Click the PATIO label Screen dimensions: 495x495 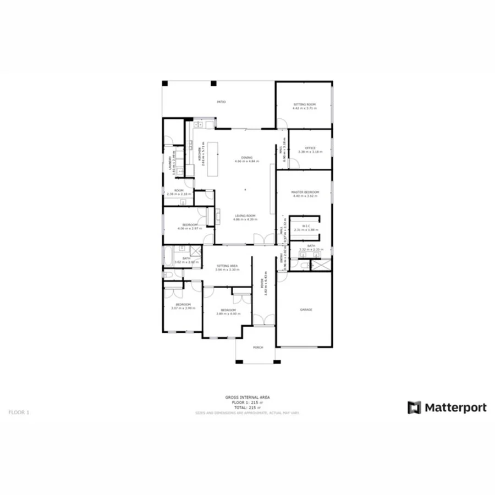tap(221, 102)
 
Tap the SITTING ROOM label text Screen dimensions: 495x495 tap(304, 104)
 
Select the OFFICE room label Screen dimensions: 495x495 tap(310, 148)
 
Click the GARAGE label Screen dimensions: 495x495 tap(306, 310)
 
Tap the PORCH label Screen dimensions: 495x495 tap(258, 348)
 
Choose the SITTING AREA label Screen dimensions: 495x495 tap(227, 266)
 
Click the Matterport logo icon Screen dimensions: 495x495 tap(414, 408)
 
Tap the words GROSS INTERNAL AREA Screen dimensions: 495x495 tap(247, 397)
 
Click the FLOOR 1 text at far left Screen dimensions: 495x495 tap(19, 411)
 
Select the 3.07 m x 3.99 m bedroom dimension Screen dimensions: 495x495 tap(183, 308)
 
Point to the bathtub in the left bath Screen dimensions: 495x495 tap(168, 257)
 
